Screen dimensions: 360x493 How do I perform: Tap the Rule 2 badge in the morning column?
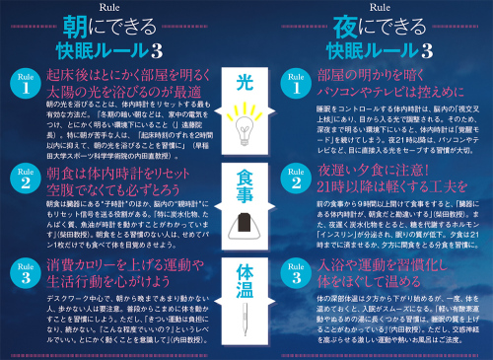[24, 180]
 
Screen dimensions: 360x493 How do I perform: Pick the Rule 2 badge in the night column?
[295, 180]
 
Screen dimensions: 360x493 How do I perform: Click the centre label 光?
[246, 80]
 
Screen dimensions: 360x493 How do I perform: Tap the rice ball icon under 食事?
[246, 225]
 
